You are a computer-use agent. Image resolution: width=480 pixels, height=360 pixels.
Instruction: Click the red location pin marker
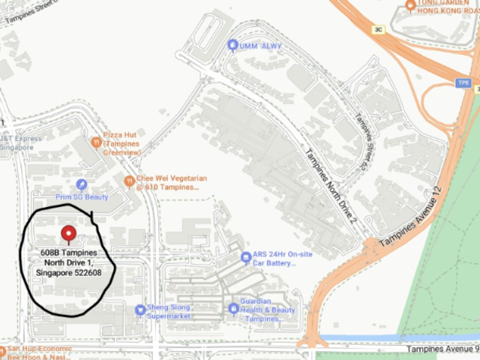click(68, 233)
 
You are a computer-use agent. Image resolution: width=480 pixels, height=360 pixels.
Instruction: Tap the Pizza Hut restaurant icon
click(96, 141)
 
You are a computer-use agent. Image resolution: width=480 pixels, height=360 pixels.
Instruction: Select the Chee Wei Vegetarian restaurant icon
click(130, 181)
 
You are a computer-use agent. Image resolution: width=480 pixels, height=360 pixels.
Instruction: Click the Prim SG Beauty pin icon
click(82, 184)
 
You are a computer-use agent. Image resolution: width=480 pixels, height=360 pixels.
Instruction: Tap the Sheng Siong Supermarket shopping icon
click(139, 310)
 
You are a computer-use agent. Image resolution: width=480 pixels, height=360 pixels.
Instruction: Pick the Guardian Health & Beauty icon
click(234, 308)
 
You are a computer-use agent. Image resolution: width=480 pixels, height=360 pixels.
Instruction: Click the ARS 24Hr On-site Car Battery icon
click(246, 257)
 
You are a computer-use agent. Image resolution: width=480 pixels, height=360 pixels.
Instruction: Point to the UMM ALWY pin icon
click(232, 46)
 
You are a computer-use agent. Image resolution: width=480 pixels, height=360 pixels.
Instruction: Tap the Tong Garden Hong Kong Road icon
click(410, 6)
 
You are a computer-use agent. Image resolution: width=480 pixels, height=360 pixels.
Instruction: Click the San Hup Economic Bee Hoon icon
click(3, 349)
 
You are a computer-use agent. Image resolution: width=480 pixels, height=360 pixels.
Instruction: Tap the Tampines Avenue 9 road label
click(442, 349)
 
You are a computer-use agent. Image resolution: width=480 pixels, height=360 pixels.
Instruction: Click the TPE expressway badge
click(463, 82)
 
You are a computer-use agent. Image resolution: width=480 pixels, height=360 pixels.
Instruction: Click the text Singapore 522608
click(68, 273)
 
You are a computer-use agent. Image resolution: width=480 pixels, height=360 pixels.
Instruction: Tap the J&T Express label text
click(21, 139)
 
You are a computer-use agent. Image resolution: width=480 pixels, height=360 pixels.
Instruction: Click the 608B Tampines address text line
click(68, 253)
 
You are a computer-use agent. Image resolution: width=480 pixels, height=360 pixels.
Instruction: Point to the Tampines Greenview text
click(122, 152)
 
